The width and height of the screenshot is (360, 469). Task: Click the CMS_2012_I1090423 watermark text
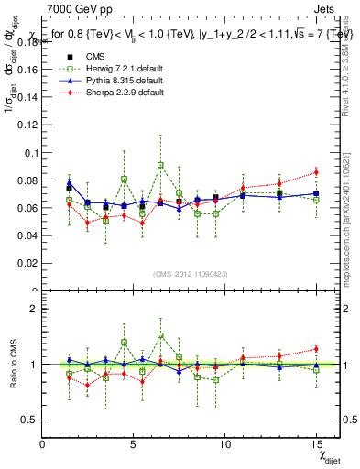click(191, 275)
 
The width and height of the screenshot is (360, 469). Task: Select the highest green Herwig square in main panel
click(160, 166)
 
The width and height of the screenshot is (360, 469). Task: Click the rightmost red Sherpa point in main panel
click(316, 172)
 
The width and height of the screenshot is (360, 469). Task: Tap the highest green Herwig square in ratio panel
click(160, 335)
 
